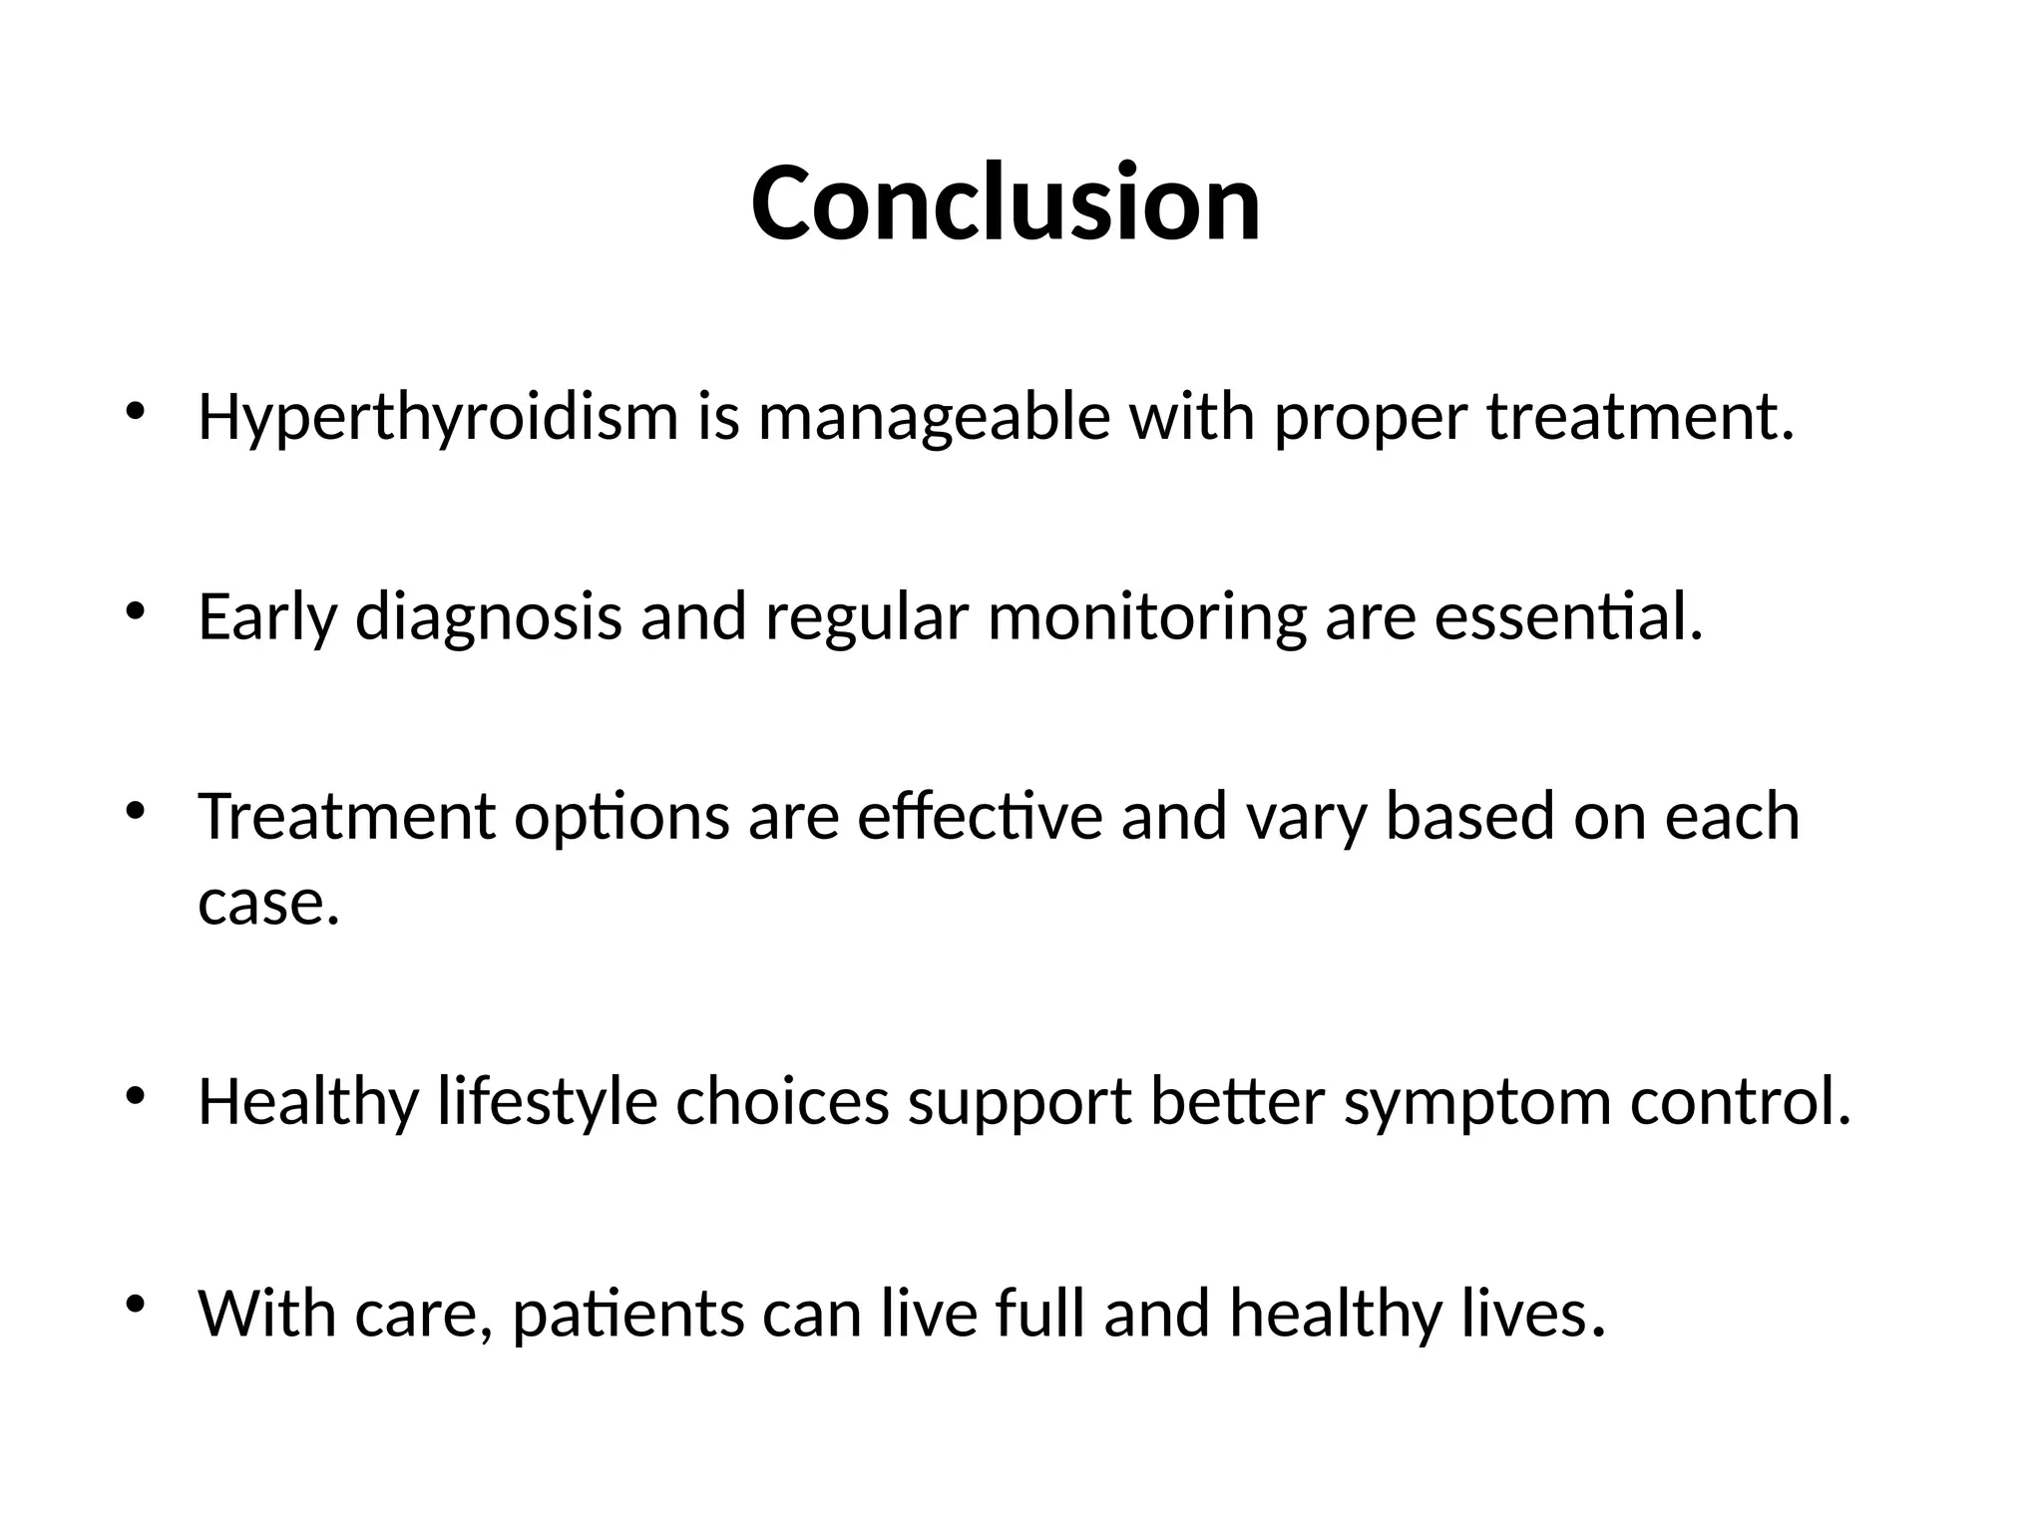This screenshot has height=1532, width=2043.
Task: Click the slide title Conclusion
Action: (x=1006, y=203)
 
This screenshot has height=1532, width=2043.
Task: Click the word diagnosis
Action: (x=489, y=617)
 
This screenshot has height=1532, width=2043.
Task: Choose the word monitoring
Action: (x=1146, y=617)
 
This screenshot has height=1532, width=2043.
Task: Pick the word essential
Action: (x=1567, y=617)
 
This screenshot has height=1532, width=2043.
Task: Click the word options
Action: (x=621, y=818)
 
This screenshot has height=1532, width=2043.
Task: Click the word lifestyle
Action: (x=548, y=1103)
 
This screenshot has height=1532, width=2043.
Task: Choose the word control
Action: (x=1740, y=1103)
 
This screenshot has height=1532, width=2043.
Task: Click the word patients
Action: (x=627, y=1315)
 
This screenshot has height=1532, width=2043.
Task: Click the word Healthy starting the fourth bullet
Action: (x=307, y=1103)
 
